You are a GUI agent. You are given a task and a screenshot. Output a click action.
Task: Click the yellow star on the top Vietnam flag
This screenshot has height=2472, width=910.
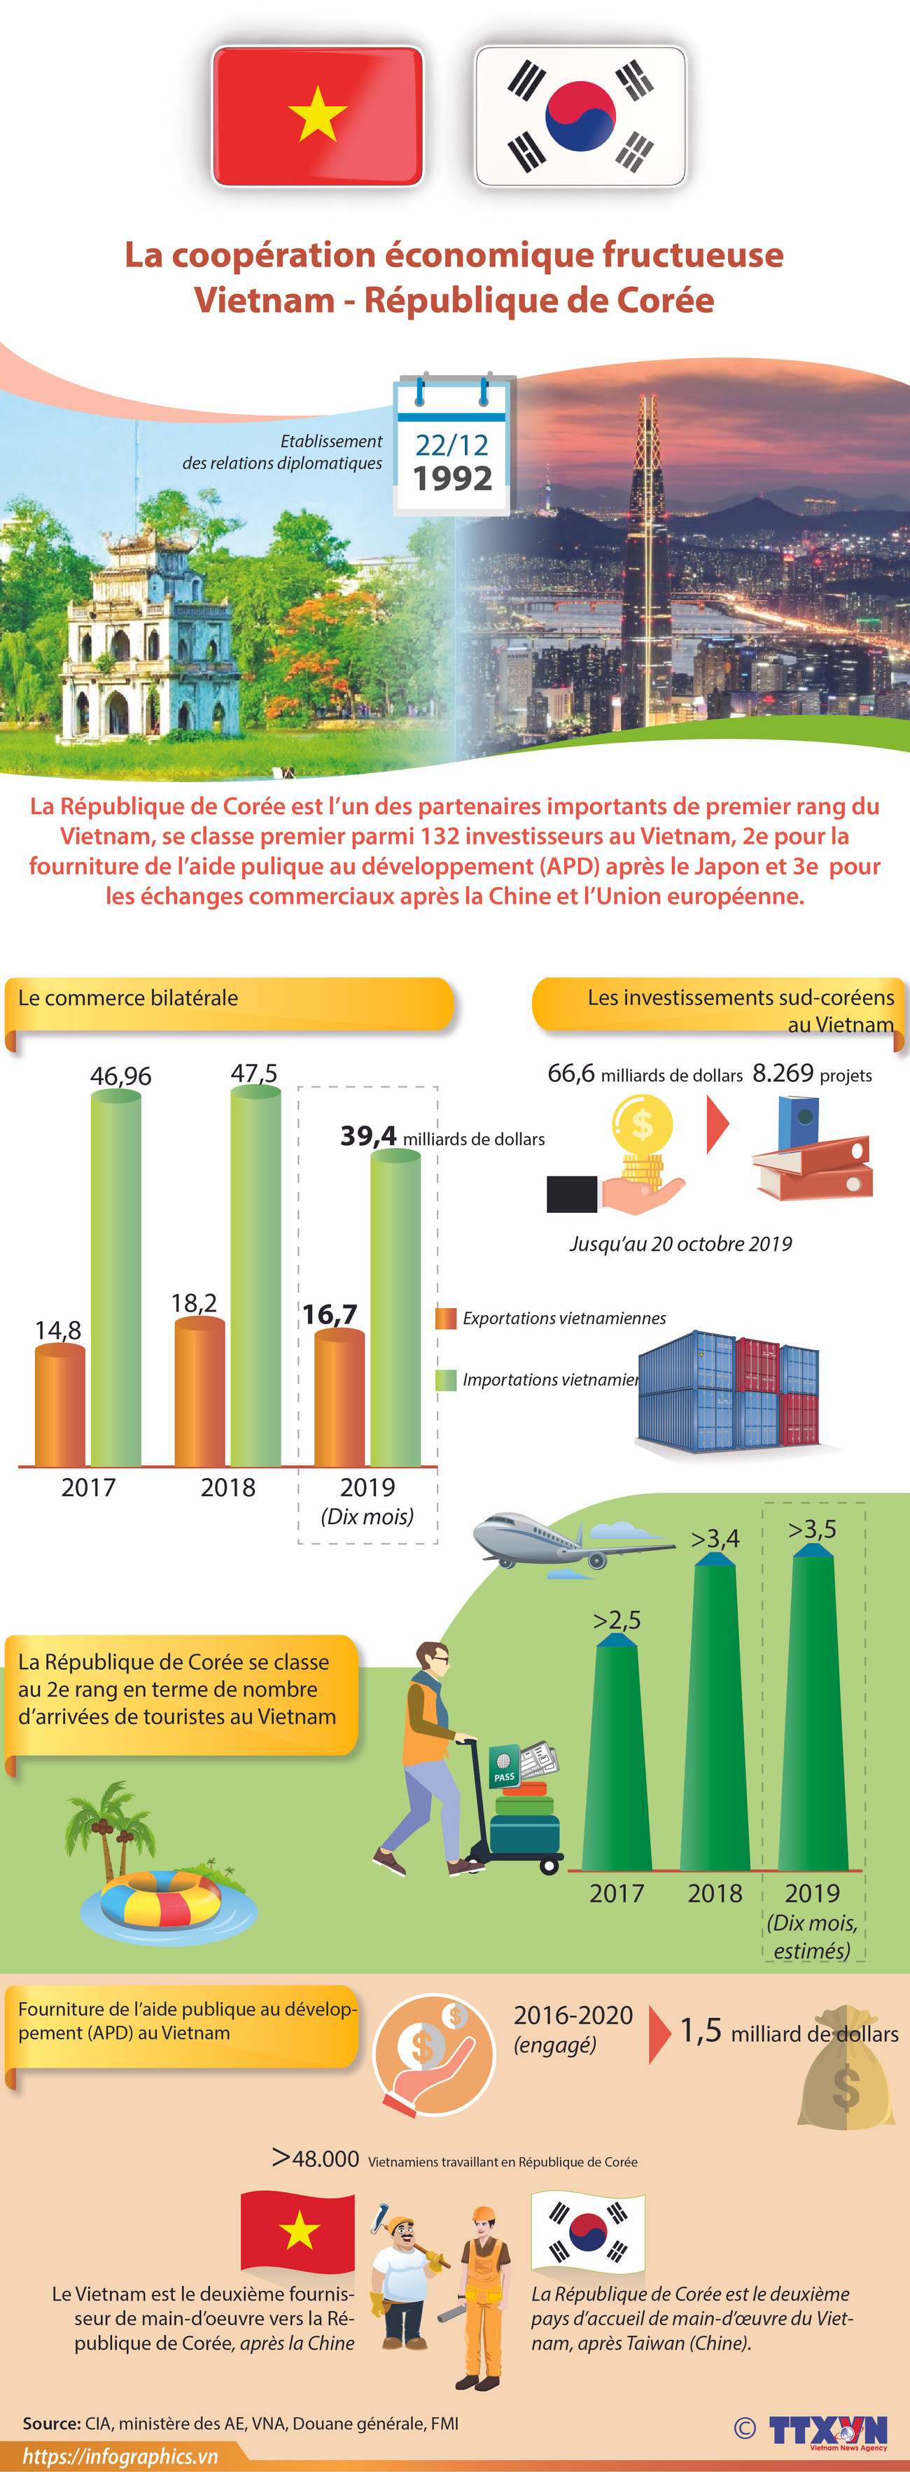point(317,113)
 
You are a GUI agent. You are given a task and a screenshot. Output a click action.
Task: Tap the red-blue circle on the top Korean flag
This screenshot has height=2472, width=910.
point(580,116)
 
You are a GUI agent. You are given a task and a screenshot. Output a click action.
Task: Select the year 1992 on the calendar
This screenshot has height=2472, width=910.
point(452,478)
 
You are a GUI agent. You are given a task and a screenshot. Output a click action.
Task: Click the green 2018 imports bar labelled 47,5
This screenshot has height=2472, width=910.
point(255,1277)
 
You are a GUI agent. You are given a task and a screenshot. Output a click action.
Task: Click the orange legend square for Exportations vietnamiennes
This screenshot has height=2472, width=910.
point(445,1319)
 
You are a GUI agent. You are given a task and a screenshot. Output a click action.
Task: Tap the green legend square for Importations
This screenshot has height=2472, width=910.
point(445,1380)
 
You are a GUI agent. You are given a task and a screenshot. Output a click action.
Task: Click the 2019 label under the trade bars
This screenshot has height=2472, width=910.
point(367,1487)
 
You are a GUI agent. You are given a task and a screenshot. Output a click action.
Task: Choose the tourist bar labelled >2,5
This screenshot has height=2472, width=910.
point(616,1756)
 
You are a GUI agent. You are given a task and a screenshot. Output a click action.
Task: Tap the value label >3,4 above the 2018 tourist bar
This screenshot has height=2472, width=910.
point(715,1540)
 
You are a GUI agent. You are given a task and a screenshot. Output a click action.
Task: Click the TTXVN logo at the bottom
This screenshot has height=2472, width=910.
point(827,2430)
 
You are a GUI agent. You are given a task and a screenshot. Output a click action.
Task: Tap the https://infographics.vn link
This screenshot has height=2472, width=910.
point(120,2457)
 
